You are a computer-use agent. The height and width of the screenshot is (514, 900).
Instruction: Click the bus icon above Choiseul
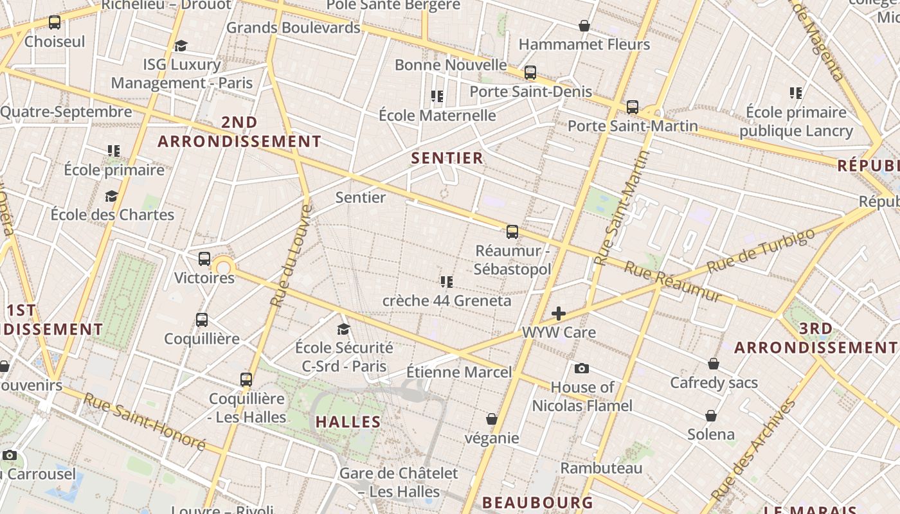[x=55, y=22]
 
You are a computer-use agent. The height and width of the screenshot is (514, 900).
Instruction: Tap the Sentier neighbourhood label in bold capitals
[x=447, y=158]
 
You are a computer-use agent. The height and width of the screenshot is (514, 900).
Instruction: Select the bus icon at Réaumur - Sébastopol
[x=512, y=232]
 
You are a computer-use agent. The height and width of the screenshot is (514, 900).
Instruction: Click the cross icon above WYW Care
[x=559, y=314]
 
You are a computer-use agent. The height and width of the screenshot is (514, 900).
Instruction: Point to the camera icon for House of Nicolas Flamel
[x=582, y=368]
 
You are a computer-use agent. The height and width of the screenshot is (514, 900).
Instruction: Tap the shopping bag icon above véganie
[x=492, y=419]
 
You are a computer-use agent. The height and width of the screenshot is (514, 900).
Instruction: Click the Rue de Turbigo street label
[x=760, y=250]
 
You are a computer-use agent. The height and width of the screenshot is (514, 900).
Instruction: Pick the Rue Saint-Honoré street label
[x=144, y=422]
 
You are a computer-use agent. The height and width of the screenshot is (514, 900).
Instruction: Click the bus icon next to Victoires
[x=204, y=259]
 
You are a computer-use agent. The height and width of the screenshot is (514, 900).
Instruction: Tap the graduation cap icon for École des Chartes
[x=112, y=196]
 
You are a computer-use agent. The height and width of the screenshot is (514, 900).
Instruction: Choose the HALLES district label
[x=348, y=422]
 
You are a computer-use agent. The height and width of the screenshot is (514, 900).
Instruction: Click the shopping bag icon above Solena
[x=711, y=416]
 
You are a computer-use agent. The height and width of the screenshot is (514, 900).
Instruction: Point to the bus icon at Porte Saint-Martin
[x=633, y=107]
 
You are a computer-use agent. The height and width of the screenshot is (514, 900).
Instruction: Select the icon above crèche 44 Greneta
[x=447, y=281]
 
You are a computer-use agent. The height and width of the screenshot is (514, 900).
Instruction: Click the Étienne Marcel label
[x=459, y=372]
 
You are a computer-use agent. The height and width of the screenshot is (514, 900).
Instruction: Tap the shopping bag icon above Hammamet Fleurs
[x=584, y=26]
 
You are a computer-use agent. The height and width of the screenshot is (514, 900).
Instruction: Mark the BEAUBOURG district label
[x=537, y=502]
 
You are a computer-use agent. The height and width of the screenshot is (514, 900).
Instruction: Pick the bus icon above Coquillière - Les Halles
[x=246, y=379]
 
